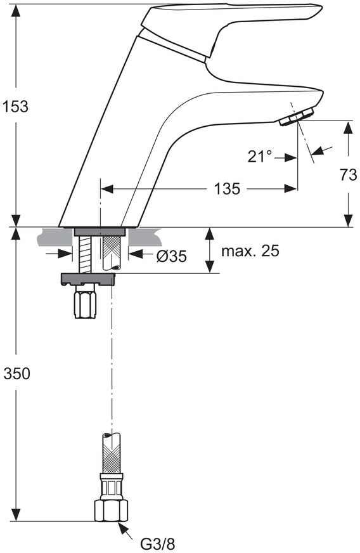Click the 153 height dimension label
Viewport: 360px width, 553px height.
click(15, 106)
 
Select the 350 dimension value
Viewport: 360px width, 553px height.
click(16, 374)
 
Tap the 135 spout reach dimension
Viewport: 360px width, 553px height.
click(227, 189)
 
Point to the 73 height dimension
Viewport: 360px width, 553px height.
click(349, 174)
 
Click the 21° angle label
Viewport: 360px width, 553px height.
click(260, 157)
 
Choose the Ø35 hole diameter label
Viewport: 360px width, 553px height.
click(171, 256)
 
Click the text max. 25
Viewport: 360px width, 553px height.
click(250, 250)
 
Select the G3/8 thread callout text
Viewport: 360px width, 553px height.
click(158, 543)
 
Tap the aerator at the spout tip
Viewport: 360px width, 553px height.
click(296, 117)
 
